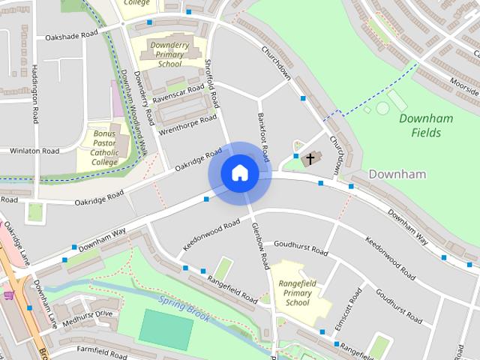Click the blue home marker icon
239,172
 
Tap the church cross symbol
308,158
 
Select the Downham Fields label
420,125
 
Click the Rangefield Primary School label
298,294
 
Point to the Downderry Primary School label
166,54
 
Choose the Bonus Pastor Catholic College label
105,147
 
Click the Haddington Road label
34,83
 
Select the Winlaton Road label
34,151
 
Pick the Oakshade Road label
72,35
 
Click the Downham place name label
397,174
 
